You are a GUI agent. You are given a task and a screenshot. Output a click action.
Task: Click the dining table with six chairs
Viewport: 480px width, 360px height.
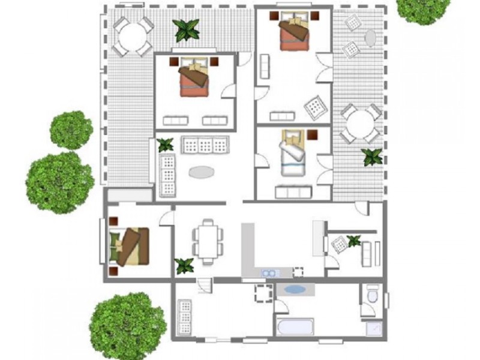[x=208, y=241]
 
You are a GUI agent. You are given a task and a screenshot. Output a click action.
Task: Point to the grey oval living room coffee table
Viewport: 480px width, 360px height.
[x=201, y=172]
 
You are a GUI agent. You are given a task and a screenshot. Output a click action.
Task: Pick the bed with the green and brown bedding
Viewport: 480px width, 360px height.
[x=130, y=245]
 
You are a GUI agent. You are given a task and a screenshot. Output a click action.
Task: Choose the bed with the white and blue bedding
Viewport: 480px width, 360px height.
[x=294, y=154]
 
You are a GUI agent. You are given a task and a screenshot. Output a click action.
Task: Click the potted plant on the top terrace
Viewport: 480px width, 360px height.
[x=186, y=29]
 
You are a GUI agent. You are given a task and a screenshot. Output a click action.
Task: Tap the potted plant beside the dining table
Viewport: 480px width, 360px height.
[x=184, y=265]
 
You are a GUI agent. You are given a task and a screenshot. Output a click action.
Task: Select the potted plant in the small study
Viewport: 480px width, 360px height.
[x=354, y=241]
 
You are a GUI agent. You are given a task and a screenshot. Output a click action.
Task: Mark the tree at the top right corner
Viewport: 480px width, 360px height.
[x=423, y=9]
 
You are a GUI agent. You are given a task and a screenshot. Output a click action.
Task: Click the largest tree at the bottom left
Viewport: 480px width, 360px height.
[x=127, y=326]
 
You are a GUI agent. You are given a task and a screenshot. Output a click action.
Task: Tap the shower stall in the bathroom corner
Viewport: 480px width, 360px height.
[x=374, y=328]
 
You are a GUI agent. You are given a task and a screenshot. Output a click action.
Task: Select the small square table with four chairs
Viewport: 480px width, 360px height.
[x=263, y=294]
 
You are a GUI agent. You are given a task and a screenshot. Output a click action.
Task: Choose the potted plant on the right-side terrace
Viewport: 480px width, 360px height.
[x=372, y=157]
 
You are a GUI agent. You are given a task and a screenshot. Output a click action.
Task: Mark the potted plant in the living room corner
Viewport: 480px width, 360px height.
[x=165, y=145]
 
